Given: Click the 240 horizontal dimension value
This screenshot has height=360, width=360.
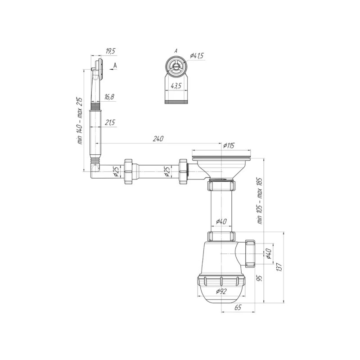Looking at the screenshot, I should [158, 139].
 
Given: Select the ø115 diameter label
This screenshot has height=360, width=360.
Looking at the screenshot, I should [229, 145].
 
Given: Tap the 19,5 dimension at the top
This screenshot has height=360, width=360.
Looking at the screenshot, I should [109, 52].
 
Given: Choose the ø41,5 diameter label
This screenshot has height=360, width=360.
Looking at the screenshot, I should [197, 55].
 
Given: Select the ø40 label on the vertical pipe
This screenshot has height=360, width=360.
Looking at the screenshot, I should [221, 221].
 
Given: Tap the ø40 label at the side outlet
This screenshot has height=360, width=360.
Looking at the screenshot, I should [269, 254].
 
